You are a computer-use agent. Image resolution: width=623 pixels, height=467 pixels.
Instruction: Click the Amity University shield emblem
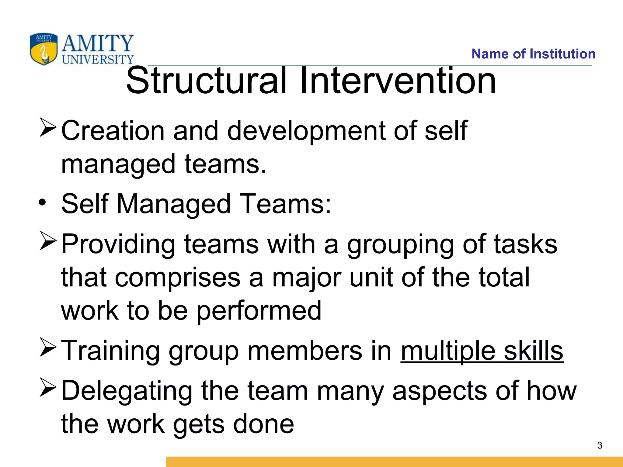pos(44,49)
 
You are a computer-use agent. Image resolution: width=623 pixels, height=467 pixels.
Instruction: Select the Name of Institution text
pos(533,54)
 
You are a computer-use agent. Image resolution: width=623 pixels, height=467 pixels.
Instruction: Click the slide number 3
pos(600,445)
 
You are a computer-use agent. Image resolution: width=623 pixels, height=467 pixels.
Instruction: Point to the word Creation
pos(113,131)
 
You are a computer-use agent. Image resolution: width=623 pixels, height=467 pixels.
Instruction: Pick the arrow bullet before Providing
pos(48,241)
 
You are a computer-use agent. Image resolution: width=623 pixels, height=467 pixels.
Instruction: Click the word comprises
pos(178,278)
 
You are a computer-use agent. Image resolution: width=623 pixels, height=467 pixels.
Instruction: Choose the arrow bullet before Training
pos(48,348)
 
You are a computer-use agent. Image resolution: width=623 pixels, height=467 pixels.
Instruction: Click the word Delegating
pos(127,392)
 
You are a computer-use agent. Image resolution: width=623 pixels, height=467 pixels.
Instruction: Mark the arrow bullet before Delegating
pos(48,388)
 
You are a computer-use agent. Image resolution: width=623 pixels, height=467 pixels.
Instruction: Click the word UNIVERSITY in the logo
pos(98,59)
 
